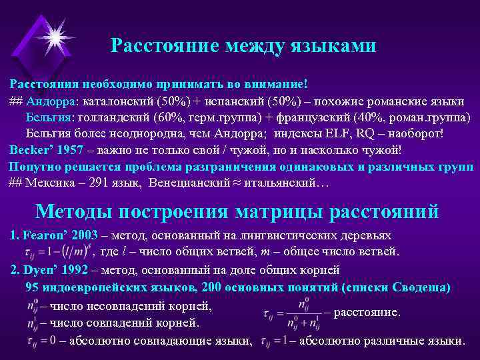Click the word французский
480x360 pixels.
point(319,117)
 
